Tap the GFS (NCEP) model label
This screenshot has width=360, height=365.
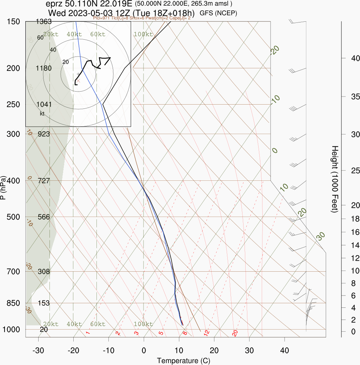coord(218,13)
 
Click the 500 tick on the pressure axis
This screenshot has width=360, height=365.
coord(13,217)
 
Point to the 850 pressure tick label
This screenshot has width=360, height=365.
coord(13,303)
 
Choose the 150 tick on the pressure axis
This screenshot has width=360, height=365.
coord(13,22)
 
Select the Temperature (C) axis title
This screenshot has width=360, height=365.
coord(183,361)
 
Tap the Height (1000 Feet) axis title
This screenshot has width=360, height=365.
coord(334,179)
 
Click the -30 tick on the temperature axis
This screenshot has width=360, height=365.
coord(38,350)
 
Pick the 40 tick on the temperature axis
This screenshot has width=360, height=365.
coord(285,350)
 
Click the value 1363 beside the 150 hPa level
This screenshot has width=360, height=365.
coord(44,22)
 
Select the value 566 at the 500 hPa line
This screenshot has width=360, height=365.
coord(44,217)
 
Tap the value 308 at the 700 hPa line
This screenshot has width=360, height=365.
coord(44,272)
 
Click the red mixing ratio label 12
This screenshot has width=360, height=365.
coord(207,332)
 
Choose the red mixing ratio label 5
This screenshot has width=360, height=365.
coord(161,333)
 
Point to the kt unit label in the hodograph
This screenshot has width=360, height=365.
coord(42,114)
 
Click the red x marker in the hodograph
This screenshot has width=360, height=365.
coord(79,80)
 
